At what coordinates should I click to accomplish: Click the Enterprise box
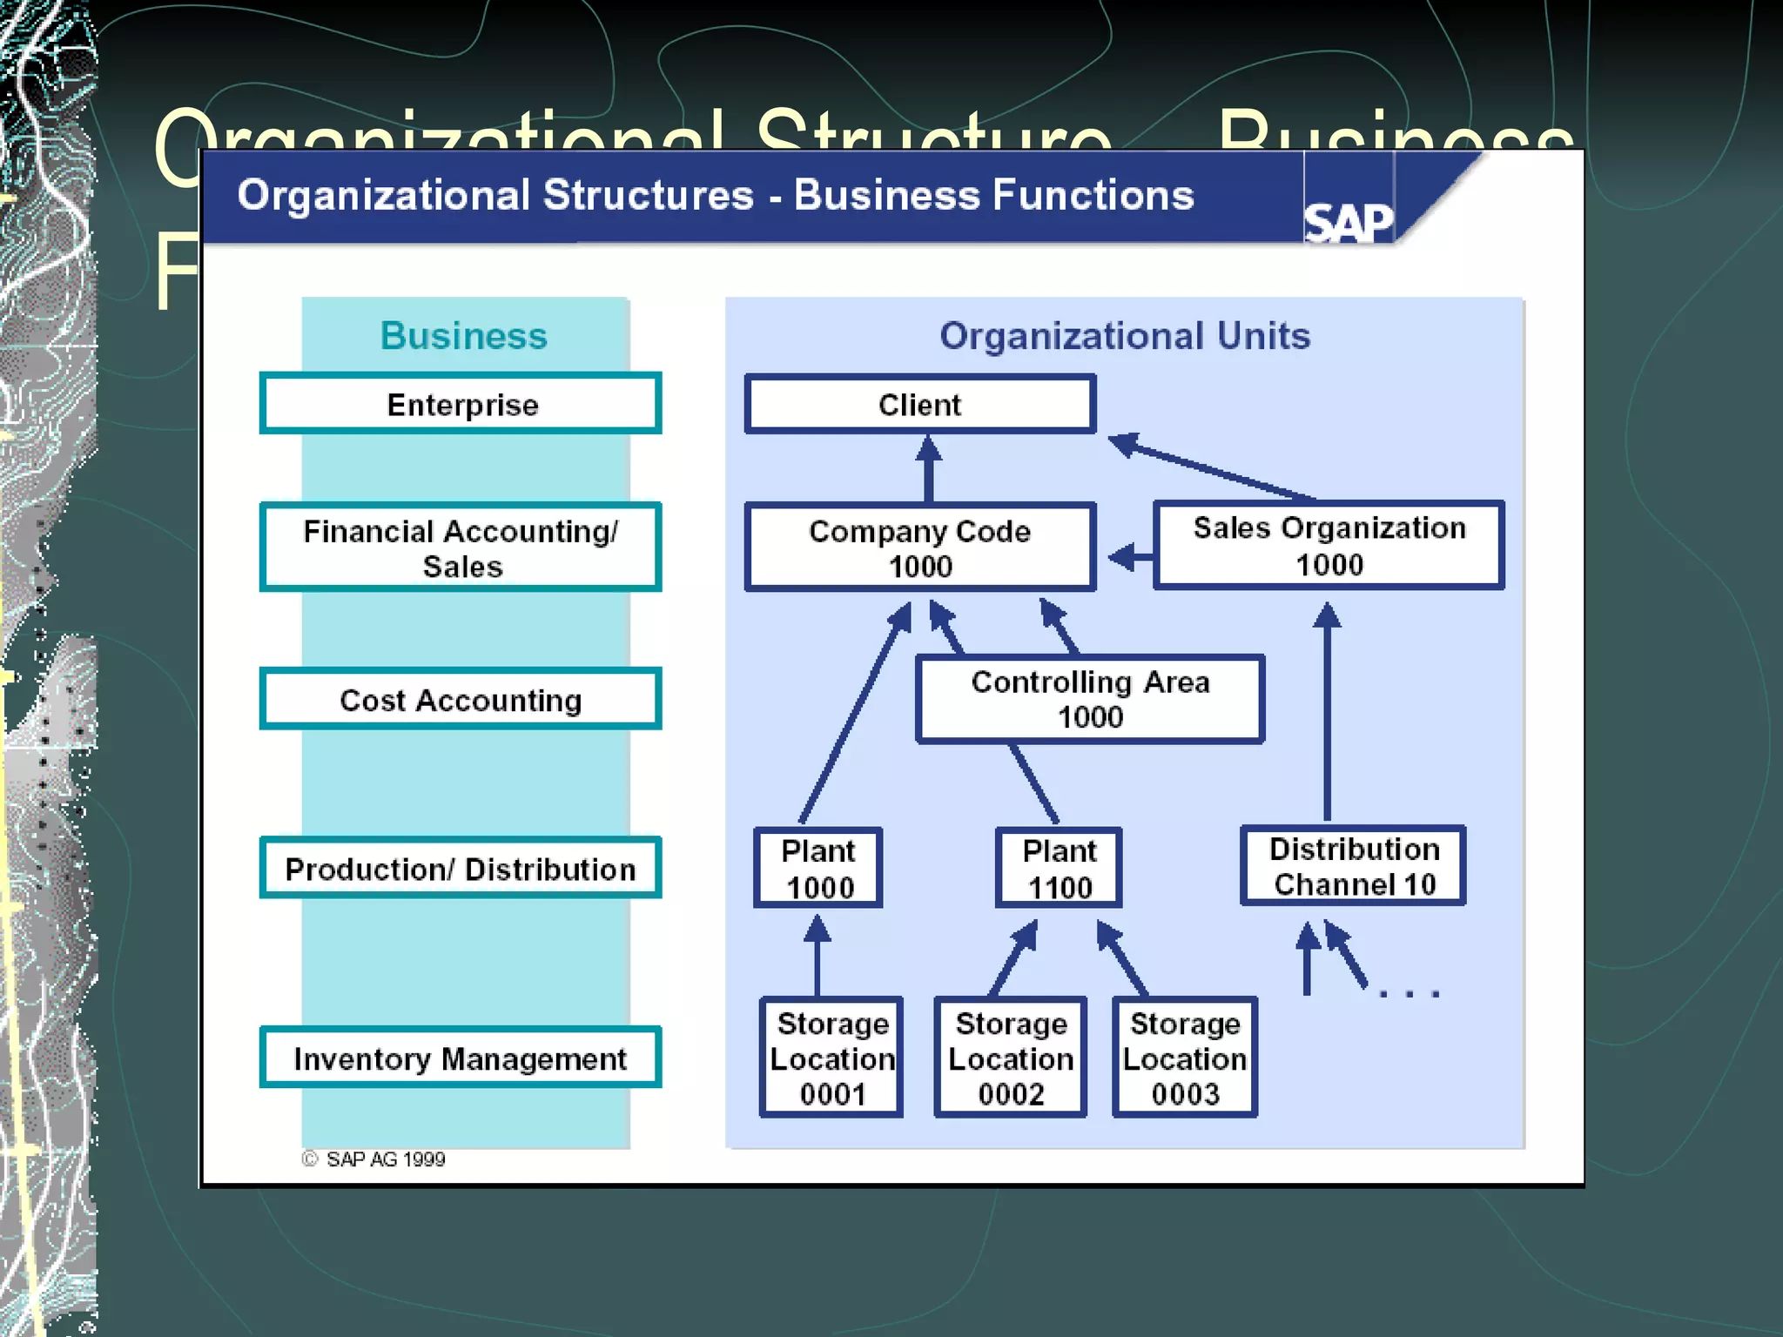point(461,404)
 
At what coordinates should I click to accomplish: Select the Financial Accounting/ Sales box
point(461,548)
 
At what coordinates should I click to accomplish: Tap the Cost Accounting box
point(461,699)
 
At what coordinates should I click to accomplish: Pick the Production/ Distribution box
point(461,868)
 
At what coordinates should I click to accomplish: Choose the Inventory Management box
point(461,1058)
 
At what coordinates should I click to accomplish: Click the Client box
point(919,404)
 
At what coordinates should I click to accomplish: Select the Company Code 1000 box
point(919,548)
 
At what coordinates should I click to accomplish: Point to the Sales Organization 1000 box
point(1329,546)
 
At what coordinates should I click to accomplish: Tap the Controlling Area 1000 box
point(1089,699)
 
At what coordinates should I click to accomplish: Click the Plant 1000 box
point(818,868)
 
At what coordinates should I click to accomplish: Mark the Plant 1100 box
point(1059,868)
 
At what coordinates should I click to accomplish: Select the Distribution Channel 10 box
point(1354,866)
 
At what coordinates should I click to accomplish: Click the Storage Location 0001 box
point(831,1058)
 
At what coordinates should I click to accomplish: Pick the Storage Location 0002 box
point(1010,1058)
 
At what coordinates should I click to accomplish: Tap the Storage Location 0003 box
point(1185,1058)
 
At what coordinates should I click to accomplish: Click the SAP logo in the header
point(1348,223)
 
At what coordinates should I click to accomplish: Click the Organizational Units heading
point(1124,336)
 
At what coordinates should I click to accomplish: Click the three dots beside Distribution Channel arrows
point(1410,992)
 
